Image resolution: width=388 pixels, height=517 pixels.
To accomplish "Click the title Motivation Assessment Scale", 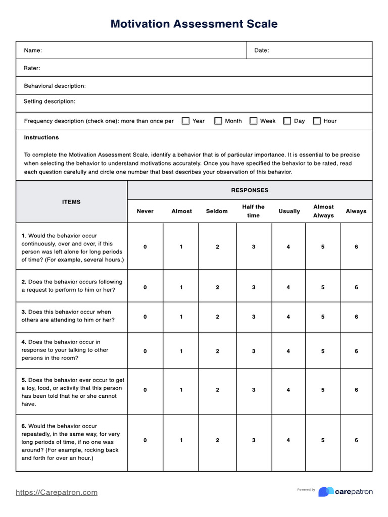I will [x=194, y=24].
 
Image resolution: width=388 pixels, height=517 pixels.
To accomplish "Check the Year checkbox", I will [x=185, y=121].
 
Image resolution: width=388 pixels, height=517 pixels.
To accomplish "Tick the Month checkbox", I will [x=218, y=121].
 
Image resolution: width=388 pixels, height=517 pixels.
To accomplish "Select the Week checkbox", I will [x=254, y=121].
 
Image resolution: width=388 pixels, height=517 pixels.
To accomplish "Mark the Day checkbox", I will [x=287, y=121].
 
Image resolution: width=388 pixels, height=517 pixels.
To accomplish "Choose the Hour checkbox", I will [x=317, y=121].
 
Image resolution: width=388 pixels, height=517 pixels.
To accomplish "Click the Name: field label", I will [x=33, y=50].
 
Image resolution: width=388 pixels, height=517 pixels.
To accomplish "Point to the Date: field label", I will [x=261, y=50].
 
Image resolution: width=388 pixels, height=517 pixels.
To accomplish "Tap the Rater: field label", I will [x=32, y=68].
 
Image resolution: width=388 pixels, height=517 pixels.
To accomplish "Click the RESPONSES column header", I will [x=250, y=190].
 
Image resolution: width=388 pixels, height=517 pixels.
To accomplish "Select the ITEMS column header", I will [x=71, y=202].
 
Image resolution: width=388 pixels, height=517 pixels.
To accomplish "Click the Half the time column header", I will [x=253, y=211].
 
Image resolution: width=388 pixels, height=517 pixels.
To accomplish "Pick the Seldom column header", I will [x=217, y=211].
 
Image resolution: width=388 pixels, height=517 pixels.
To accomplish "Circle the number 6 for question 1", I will [x=356, y=247].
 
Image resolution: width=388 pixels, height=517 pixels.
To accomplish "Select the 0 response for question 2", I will [x=145, y=287].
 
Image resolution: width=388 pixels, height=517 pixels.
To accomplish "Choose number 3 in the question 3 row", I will [x=254, y=317].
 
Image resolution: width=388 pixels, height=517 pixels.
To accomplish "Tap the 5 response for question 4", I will [x=323, y=351].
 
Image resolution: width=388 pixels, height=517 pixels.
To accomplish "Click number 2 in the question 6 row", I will [x=217, y=440].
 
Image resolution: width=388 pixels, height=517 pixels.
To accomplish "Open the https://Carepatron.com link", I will [x=57, y=492].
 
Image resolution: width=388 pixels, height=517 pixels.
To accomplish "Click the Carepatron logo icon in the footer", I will [x=326, y=492].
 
